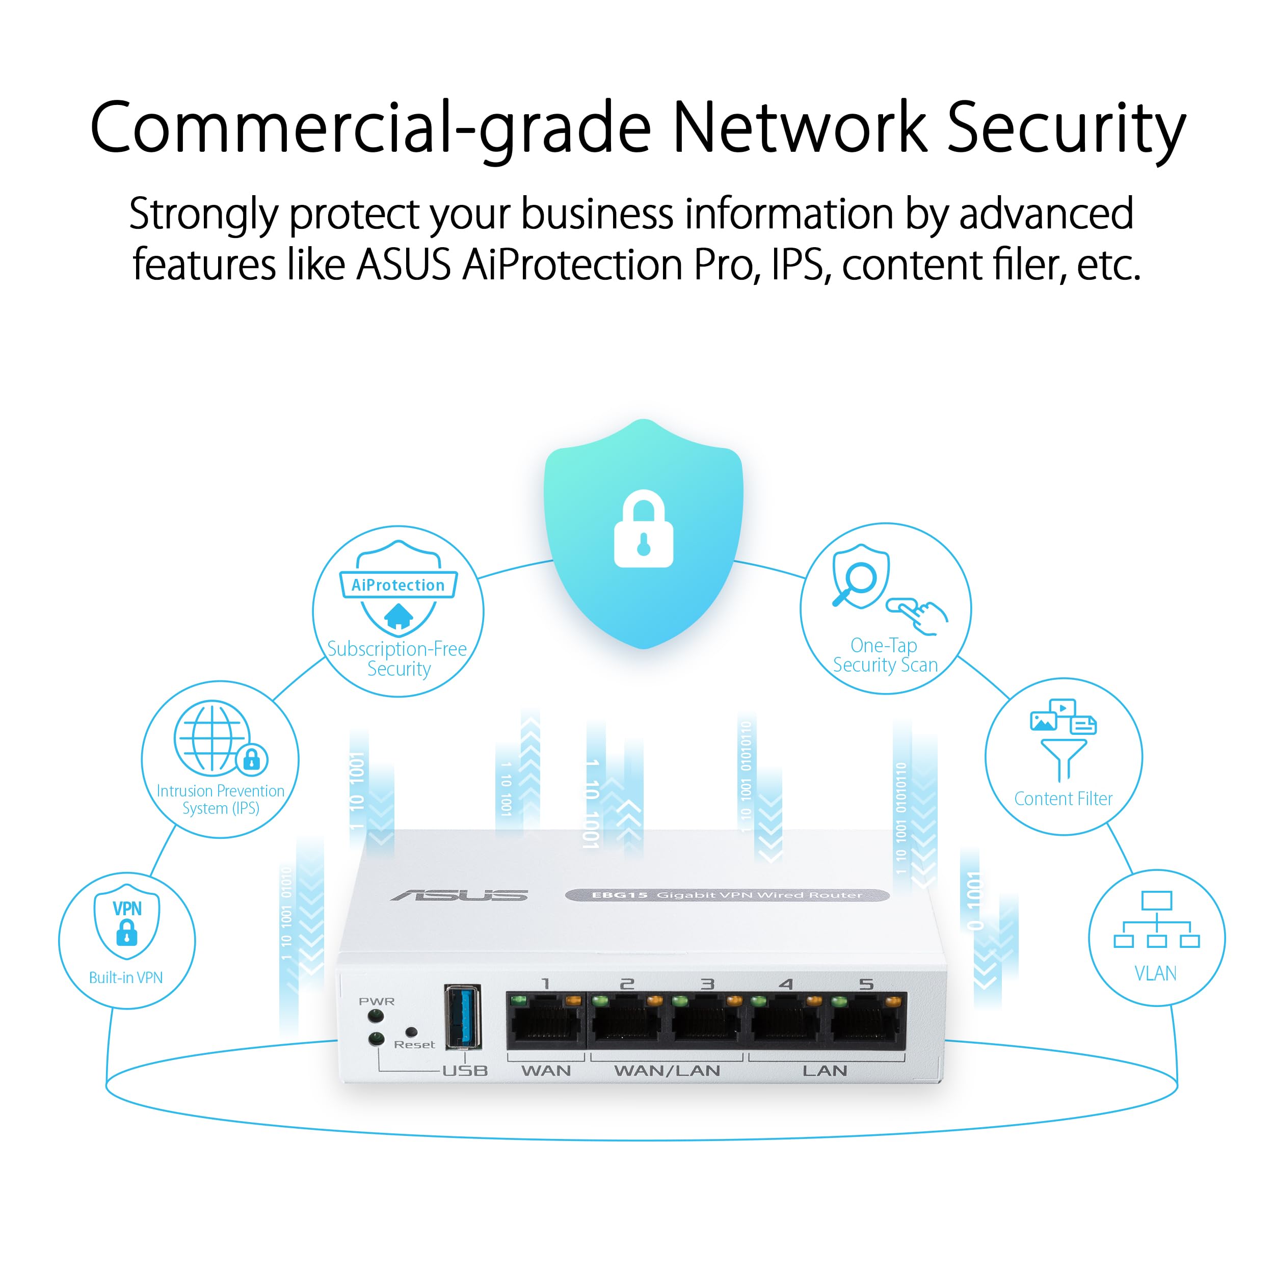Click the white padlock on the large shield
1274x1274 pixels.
(x=643, y=529)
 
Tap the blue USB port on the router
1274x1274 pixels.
(x=463, y=1017)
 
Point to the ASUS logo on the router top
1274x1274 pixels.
(x=460, y=895)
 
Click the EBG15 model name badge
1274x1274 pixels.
(x=727, y=895)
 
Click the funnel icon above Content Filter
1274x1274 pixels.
(x=1063, y=758)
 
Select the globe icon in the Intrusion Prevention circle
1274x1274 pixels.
(x=211, y=737)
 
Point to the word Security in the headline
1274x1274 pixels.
(x=1066, y=128)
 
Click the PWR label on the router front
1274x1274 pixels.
(x=377, y=1001)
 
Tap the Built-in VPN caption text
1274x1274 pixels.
(x=126, y=977)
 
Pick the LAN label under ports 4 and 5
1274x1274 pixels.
(x=824, y=1070)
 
